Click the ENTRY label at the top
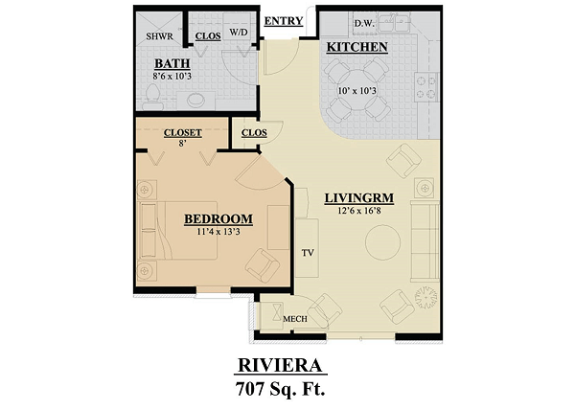[284, 21]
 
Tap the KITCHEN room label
[356, 47]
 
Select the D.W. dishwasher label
[364, 24]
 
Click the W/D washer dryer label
[239, 33]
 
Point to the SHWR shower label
[159, 36]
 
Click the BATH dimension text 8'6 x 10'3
[172, 76]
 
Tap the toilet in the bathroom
[152, 98]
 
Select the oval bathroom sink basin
[196, 100]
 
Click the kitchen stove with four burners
[426, 87]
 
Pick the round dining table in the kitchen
[356, 90]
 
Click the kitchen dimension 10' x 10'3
[356, 90]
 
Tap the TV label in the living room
[308, 253]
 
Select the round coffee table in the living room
[382, 242]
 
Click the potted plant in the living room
[426, 297]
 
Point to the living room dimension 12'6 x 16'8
[359, 211]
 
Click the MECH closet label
[295, 319]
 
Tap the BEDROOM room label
[218, 219]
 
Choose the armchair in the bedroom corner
[263, 265]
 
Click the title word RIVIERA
[280, 365]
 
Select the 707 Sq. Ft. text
[281, 389]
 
